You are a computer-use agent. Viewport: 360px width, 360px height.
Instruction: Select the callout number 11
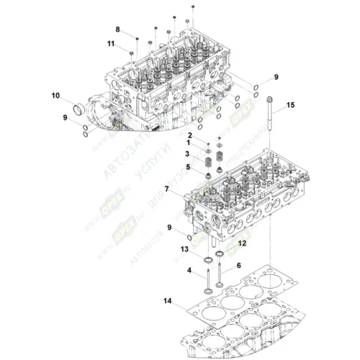[x=112, y=45]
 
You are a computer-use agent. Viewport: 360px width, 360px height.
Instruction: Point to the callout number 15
[x=291, y=106]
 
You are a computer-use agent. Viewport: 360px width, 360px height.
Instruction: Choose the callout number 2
[x=190, y=135]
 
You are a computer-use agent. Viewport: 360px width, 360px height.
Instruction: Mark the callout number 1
[x=189, y=143]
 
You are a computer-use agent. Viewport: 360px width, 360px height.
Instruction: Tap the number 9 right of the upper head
[x=274, y=76]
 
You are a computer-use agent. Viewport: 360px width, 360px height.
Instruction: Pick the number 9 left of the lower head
[x=170, y=228]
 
